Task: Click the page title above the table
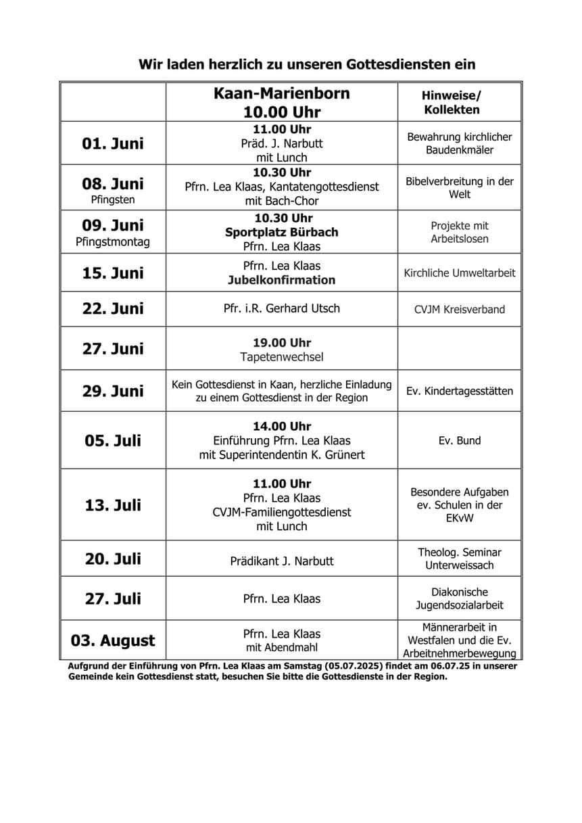click(x=307, y=65)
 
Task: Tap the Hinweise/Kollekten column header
click(x=452, y=102)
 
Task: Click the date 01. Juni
click(x=113, y=143)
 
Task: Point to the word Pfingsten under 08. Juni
click(x=113, y=199)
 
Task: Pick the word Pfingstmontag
click(x=113, y=241)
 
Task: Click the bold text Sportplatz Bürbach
click(x=282, y=232)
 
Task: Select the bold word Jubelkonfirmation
click(x=282, y=280)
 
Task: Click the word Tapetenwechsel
click(x=282, y=356)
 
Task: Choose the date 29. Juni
click(x=113, y=391)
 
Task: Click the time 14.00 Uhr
click(x=282, y=427)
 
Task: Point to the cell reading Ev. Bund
click(x=460, y=440)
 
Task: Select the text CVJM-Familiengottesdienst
click(x=282, y=513)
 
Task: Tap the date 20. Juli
click(x=113, y=559)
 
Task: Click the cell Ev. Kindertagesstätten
click(x=460, y=391)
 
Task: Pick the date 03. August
click(x=113, y=640)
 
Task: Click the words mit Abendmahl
click(x=282, y=647)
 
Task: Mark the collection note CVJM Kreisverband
click(x=460, y=310)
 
